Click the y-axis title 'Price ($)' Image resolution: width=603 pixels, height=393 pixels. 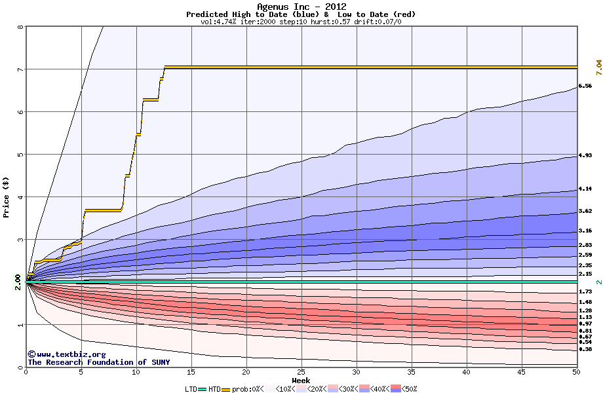[x=7, y=196]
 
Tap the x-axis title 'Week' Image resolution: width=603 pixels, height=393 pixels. [x=301, y=381]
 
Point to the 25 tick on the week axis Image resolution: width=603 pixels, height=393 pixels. [x=301, y=372]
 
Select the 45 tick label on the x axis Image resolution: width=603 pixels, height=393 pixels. [x=521, y=372]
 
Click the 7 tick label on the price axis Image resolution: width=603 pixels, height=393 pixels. [x=20, y=69]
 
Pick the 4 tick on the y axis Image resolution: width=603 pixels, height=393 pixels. [x=20, y=196]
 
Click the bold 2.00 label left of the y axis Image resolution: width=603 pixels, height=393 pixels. [x=17, y=282]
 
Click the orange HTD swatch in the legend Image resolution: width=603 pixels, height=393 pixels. [x=227, y=388]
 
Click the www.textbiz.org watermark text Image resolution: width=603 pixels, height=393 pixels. [x=62, y=354]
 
